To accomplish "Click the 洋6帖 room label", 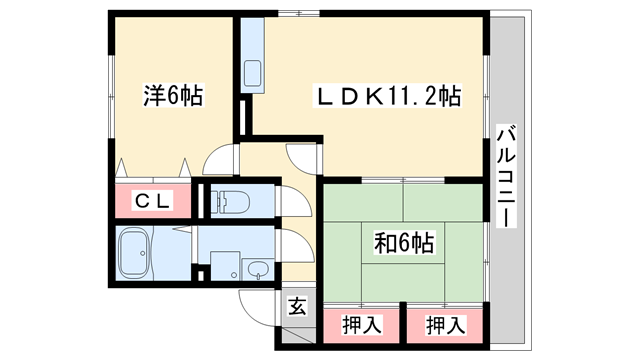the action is [173, 97].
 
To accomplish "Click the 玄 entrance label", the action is [297, 307].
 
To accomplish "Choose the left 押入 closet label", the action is [362, 324].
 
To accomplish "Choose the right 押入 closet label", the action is [445, 324].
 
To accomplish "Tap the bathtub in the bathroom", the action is [136, 254].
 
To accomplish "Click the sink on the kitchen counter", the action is [252, 73].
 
